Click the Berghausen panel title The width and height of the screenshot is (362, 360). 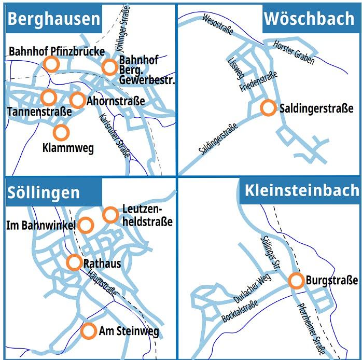pos(54,19)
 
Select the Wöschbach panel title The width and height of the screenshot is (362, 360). pos(309,19)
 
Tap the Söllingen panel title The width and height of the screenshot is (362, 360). pos(44,192)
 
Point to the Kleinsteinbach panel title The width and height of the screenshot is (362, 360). pos(302,190)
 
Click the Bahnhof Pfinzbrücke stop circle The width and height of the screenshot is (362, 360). pos(51,64)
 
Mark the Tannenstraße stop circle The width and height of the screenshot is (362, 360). pos(48,97)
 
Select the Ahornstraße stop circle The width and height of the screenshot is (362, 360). pos(78,100)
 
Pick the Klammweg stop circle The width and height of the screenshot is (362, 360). pos(61,132)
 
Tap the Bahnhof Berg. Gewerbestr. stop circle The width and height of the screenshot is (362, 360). pos(109,67)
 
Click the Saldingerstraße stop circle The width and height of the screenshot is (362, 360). pos(268,108)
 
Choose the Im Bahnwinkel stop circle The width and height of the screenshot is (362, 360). pos(86,225)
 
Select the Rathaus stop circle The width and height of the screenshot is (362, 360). pos(75,262)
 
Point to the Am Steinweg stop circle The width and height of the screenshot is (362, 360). pos(89,330)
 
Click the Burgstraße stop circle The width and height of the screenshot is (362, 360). pos(296,281)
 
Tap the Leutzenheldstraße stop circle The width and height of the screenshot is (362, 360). pos(110,215)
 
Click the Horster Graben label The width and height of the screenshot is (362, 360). pos(294,52)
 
